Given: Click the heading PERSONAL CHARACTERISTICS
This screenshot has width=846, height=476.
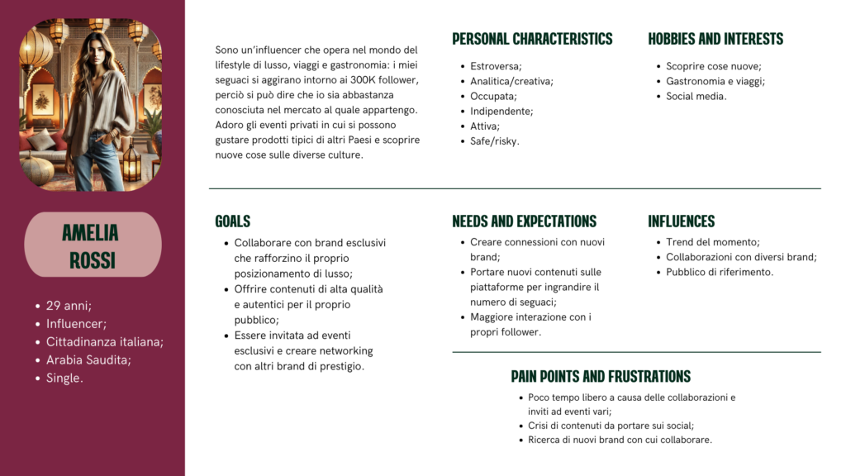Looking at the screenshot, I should [532, 39].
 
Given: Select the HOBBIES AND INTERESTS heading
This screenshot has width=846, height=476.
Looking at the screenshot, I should [715, 39].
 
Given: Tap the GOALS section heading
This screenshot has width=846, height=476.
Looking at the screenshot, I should [232, 221].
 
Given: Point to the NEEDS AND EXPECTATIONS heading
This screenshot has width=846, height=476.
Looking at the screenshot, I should [524, 221].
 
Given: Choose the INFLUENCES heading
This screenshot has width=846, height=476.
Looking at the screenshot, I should [681, 221].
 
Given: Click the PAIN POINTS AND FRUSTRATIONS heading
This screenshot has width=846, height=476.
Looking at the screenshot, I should [601, 377].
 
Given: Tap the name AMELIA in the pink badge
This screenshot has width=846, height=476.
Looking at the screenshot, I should [91, 233].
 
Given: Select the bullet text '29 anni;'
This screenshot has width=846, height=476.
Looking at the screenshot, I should [69, 306].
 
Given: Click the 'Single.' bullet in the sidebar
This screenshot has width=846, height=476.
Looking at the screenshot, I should [64, 378].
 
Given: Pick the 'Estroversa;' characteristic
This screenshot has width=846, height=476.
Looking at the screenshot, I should [496, 66].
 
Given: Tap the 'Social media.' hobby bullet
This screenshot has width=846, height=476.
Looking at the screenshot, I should [696, 96].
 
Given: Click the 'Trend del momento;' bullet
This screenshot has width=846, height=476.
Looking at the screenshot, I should [713, 242].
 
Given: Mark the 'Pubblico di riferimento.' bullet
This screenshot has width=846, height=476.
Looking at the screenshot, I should [720, 272].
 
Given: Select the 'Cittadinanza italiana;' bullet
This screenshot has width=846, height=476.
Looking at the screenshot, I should [105, 342].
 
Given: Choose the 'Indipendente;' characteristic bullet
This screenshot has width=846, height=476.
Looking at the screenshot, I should [501, 111].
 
